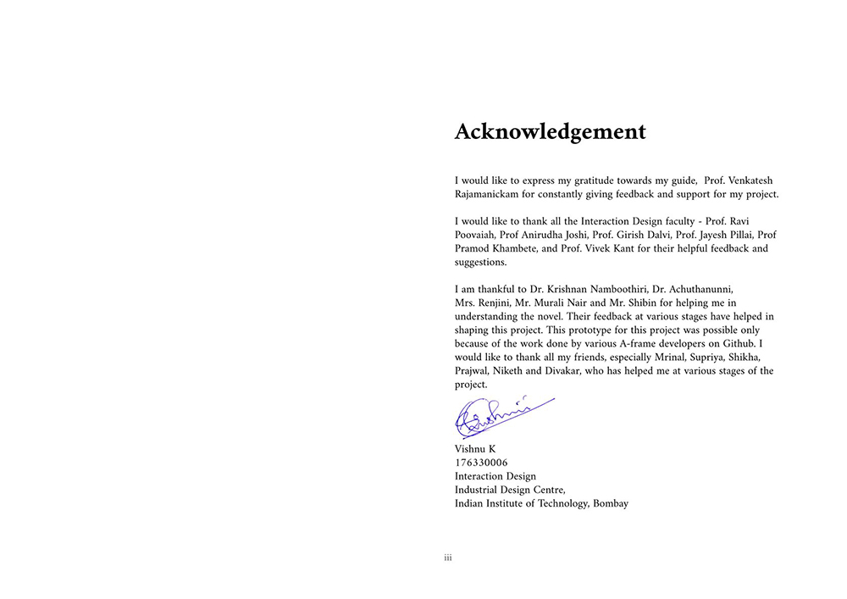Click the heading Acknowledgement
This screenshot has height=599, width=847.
click(x=550, y=132)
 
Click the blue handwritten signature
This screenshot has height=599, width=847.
click(x=500, y=415)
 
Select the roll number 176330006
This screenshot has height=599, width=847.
click(x=481, y=463)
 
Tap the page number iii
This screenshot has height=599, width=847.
click(x=448, y=557)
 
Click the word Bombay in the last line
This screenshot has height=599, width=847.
click(x=611, y=503)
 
